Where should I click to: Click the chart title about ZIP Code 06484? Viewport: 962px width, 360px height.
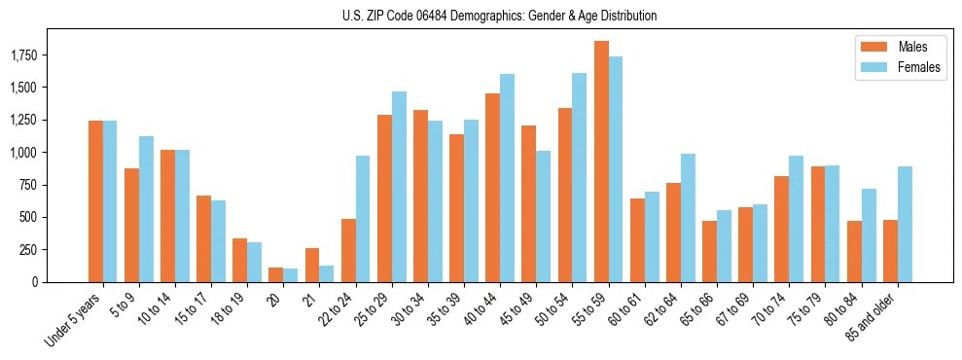tap(500, 16)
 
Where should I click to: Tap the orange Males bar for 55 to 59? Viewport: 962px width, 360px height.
tap(601, 162)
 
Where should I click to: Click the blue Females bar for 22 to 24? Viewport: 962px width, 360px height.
tap(363, 219)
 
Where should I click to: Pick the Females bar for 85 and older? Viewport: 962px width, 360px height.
tap(905, 224)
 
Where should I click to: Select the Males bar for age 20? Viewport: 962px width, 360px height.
tap(276, 275)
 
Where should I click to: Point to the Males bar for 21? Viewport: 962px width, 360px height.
tap(312, 266)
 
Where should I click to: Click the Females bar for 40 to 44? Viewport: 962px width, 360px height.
tap(508, 178)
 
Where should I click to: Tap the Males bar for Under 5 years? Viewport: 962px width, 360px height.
tap(95, 201)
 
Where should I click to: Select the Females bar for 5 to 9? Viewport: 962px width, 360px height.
tap(146, 209)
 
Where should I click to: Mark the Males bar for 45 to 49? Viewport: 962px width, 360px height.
tap(529, 204)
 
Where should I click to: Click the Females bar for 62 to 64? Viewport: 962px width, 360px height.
tap(688, 218)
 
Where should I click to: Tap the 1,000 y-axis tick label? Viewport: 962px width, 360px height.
tap(51, 153)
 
